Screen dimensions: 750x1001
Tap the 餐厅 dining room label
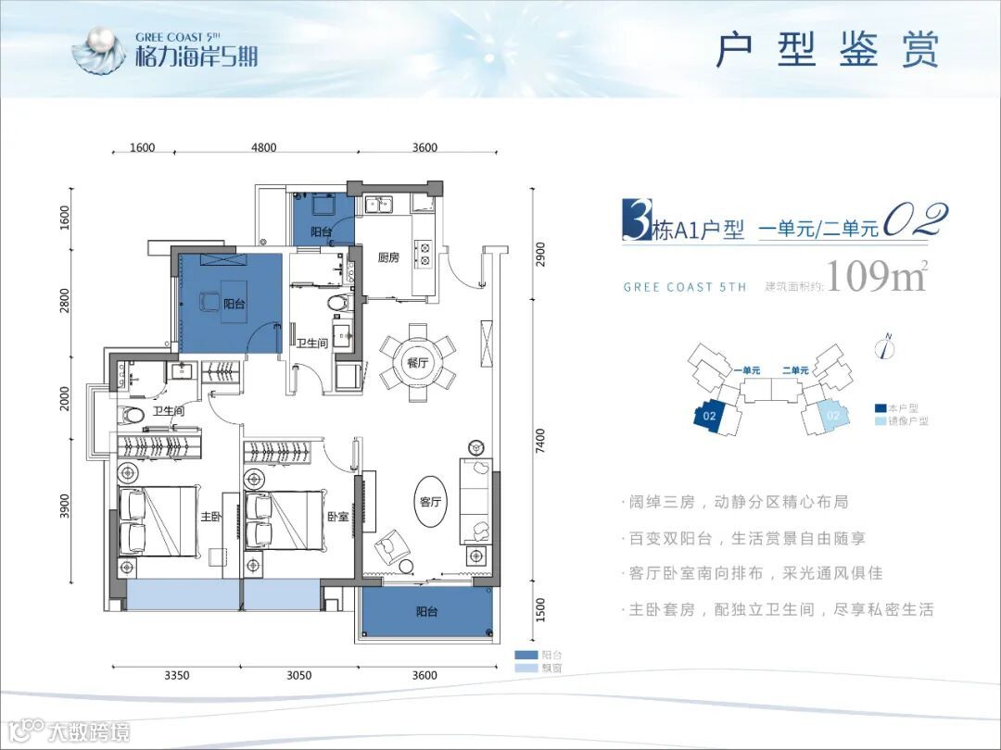[x=415, y=363]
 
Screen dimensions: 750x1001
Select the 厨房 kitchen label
[x=388, y=257]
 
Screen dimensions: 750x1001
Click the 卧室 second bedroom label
[x=337, y=517]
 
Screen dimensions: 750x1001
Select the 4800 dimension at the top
[x=264, y=147]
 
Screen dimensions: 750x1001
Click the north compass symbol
[x=887, y=347]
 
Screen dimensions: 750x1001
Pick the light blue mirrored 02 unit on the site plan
[x=831, y=416]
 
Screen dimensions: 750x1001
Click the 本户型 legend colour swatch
[x=880, y=407]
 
